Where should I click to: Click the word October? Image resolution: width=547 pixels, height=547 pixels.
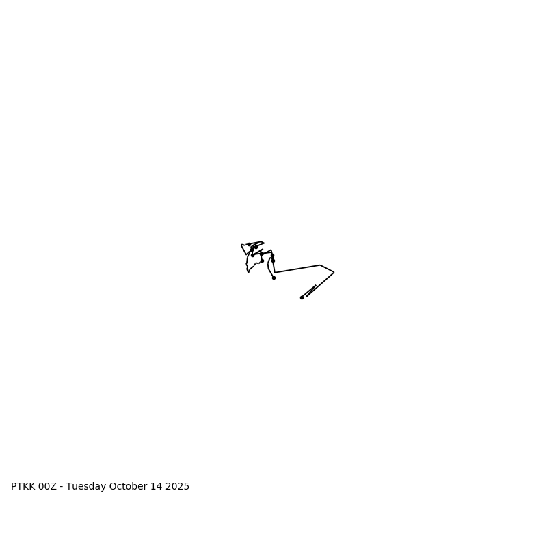[129, 487]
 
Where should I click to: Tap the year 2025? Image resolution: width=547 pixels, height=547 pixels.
[178, 487]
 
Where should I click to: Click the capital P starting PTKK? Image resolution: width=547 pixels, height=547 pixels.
[14, 487]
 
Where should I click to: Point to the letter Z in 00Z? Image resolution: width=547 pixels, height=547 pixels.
[54, 487]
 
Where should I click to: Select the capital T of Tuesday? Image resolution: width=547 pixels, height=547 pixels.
[69, 487]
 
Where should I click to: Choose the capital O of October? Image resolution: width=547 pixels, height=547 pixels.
[113, 487]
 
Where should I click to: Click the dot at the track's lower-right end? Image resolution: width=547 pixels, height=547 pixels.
[302, 297]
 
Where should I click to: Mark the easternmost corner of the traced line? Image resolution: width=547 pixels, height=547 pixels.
[334, 272]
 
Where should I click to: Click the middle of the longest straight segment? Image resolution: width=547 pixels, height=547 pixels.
[297, 269]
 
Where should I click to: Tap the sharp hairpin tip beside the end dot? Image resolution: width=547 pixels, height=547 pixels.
[316, 285]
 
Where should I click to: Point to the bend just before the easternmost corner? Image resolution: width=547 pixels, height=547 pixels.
[320, 265]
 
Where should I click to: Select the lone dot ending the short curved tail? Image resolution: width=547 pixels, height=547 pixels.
[273, 278]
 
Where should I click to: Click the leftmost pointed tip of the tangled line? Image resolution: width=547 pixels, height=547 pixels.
[241, 245]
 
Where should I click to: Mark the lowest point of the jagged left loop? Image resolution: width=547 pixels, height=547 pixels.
[248, 272]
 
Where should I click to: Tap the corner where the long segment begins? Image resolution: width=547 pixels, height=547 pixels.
[275, 272]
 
